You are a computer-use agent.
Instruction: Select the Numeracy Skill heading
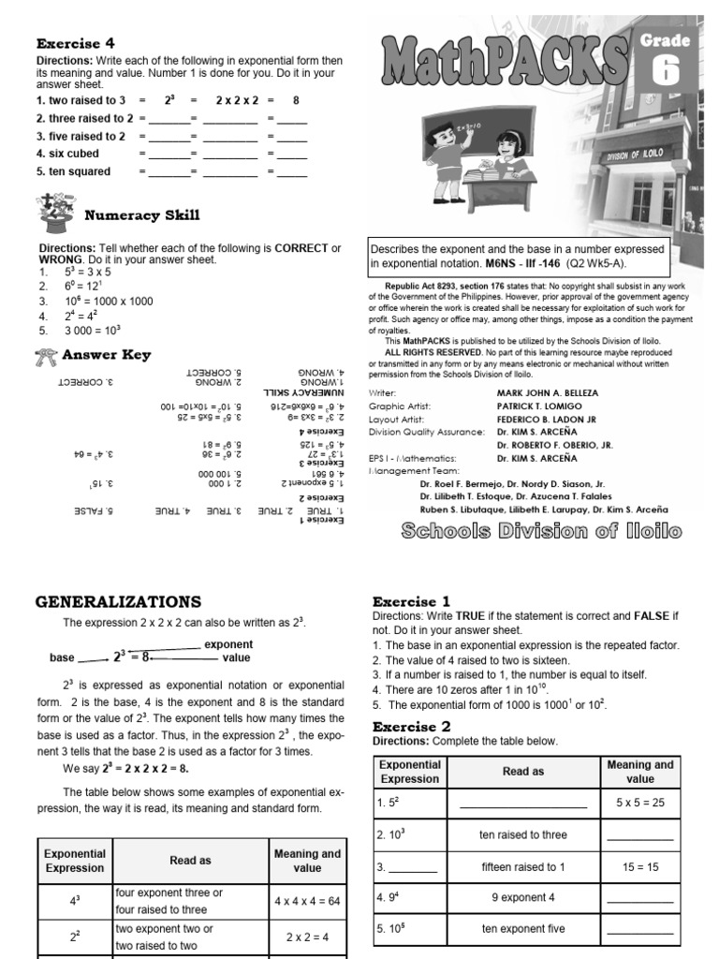click(141, 214)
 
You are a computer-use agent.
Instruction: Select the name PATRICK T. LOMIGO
click(538, 406)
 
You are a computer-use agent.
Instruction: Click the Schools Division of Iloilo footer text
click(541, 532)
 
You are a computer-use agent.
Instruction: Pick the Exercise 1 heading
click(411, 601)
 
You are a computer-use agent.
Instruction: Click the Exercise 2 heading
click(411, 726)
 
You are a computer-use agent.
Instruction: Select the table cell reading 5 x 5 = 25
click(639, 804)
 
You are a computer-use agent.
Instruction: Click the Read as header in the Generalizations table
click(190, 860)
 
